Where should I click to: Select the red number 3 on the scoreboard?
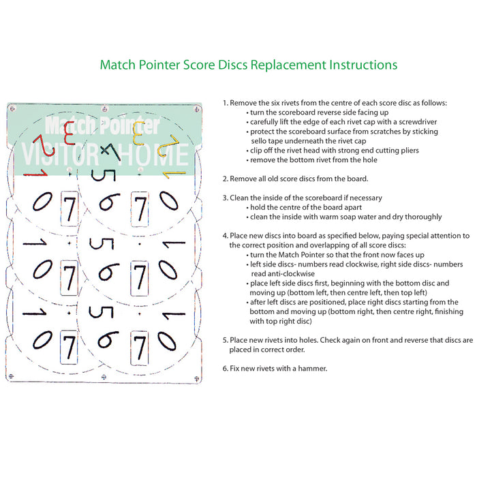tap(70, 133)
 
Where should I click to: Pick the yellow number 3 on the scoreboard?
tap(139, 133)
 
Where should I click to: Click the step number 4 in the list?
tap(225, 236)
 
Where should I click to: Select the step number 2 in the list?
tap(225, 179)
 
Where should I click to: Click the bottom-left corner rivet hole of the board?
tap(12, 376)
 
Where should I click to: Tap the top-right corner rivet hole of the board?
tap(197, 108)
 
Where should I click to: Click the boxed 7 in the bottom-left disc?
tap(69, 347)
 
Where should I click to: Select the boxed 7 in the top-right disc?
tap(140, 209)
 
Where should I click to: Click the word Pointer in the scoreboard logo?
tap(130, 125)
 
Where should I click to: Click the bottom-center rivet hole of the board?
tap(104, 378)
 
